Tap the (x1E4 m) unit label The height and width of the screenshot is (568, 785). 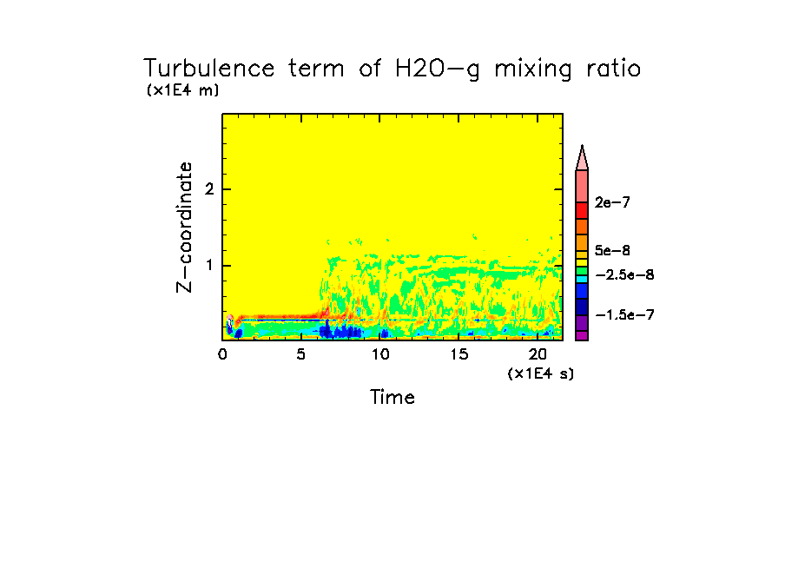point(182,90)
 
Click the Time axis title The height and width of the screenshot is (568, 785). point(392,398)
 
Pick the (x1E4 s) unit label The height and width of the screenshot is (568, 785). point(540,373)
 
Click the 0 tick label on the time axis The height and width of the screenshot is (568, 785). point(222,354)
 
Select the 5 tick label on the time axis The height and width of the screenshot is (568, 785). point(300,354)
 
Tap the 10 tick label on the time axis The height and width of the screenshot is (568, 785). point(379,354)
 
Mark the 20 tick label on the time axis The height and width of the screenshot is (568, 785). point(537,354)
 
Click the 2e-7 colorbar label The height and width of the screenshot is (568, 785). point(612,202)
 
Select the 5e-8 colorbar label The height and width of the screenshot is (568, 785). point(612,250)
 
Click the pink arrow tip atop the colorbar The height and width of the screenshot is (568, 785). point(582,157)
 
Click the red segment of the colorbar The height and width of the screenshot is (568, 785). point(582,210)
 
